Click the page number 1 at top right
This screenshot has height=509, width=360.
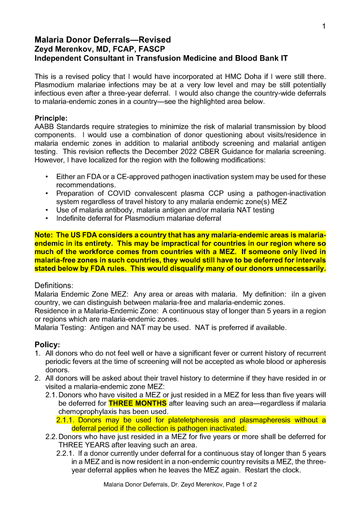[x=324, y=27]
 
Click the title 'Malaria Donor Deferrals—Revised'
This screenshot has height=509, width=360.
[x=102, y=40]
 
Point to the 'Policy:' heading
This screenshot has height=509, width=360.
[x=47, y=344]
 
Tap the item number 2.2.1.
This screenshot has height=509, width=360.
[x=67, y=453]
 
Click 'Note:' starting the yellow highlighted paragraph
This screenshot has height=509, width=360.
[x=44, y=235]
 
